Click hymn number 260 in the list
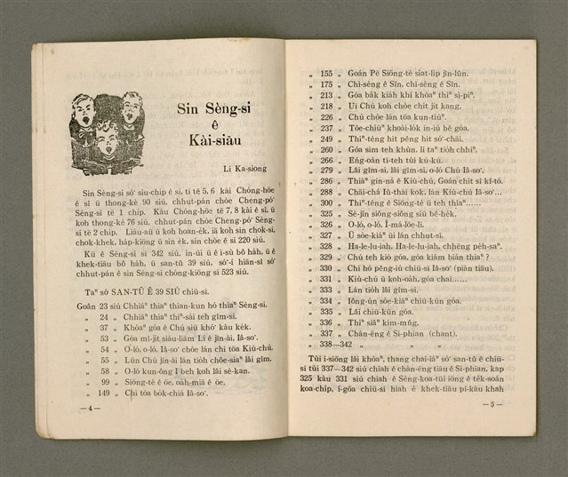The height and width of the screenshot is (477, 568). coord(326,148)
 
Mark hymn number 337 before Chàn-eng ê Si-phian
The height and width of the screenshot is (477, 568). coord(326,333)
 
